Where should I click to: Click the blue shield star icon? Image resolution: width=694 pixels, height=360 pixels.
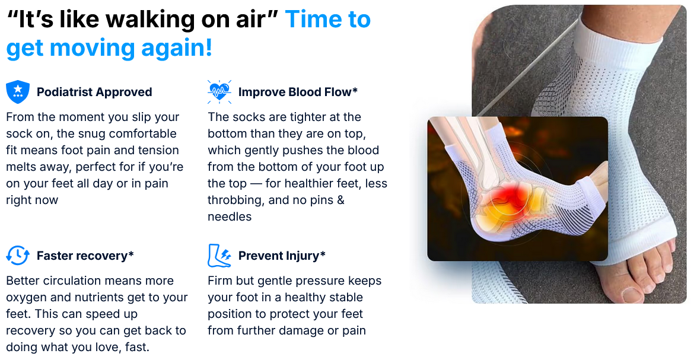tap(18, 92)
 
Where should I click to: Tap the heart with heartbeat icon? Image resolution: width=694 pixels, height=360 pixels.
tap(219, 92)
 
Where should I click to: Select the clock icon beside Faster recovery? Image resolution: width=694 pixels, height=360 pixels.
tap(18, 256)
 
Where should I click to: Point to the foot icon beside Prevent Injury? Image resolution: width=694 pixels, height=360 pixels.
tap(219, 256)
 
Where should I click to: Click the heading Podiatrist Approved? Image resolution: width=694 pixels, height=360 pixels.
tap(94, 92)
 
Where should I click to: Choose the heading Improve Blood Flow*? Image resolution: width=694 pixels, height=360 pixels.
tap(298, 92)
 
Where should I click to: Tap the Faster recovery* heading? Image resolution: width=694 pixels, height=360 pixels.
tap(85, 256)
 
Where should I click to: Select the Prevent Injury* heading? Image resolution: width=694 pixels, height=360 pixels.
tap(282, 256)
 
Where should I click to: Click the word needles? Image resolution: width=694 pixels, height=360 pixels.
tap(230, 216)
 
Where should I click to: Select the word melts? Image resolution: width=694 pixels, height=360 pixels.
tap(20, 167)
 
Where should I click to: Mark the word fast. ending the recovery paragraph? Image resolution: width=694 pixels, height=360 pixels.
tap(137, 347)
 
